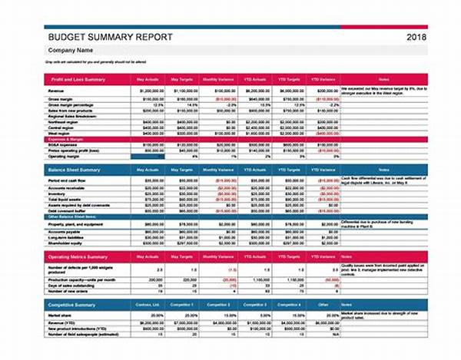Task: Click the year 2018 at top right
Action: pyautogui.click(x=416, y=36)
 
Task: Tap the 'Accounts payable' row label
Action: pyautogui.click(x=65, y=230)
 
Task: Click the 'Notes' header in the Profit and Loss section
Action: pyautogui.click(x=384, y=80)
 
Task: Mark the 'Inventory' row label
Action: pyautogui.click(x=58, y=193)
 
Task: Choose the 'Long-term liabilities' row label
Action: pyautogui.click(x=67, y=236)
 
